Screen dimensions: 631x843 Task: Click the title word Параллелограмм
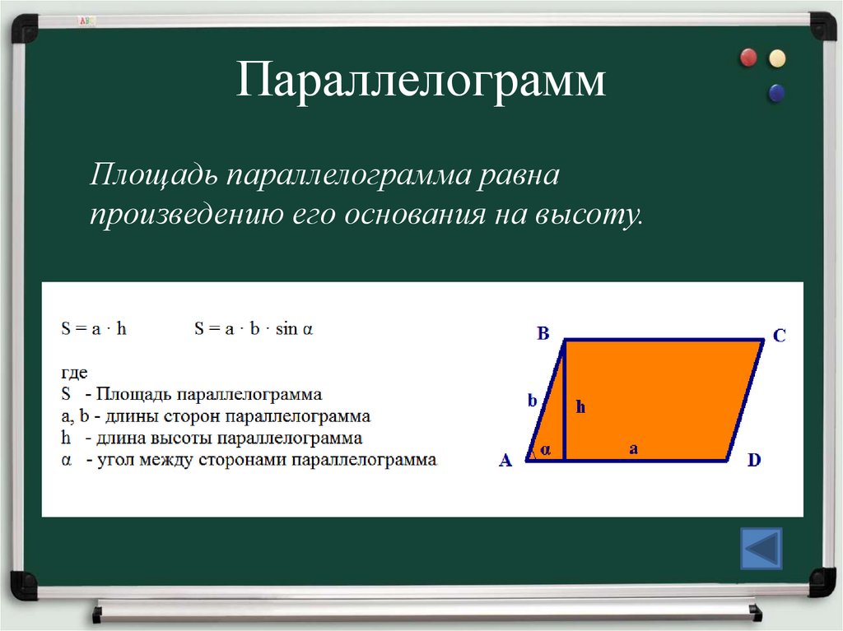coord(421,83)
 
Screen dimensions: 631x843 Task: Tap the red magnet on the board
coord(748,58)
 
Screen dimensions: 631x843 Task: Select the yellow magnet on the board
coord(776,58)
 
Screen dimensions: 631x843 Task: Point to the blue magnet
coord(775,93)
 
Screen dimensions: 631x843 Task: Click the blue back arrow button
coord(761,549)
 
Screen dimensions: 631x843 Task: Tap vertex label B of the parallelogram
coord(543,333)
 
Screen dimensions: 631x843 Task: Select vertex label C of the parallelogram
coord(779,336)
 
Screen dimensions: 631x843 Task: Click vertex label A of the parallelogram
coord(505,462)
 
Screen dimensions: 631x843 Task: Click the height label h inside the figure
coord(580,406)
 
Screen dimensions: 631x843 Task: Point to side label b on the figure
coord(532,401)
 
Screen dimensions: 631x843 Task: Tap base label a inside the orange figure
coord(633,448)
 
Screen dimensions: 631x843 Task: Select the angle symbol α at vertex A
coord(545,451)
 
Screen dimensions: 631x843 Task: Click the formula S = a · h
coord(94,329)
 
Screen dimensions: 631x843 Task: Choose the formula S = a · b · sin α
coord(254,329)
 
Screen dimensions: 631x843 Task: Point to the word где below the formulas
coord(74,373)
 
